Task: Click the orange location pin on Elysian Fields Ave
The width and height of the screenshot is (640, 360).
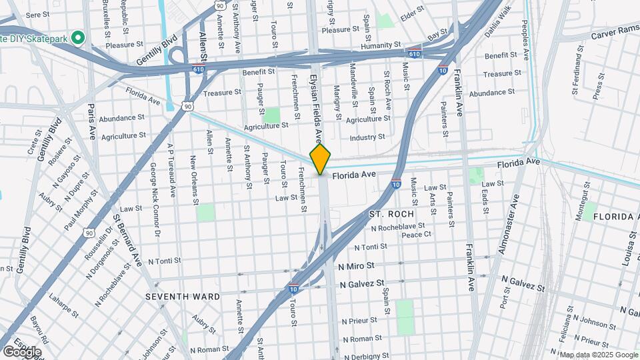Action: pyautogui.click(x=320, y=159)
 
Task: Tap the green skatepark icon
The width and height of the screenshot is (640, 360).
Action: pyautogui.click(x=78, y=37)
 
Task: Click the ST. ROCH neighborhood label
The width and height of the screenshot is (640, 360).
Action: pyautogui.click(x=391, y=214)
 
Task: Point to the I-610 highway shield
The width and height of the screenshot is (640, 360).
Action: pyautogui.click(x=414, y=54)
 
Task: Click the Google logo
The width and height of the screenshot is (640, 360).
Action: pyautogui.click(x=22, y=351)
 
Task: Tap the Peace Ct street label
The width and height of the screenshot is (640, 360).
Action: pyautogui.click(x=417, y=235)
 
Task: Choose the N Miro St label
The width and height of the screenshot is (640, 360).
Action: pyautogui.click(x=357, y=266)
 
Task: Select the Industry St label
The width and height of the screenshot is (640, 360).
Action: pyautogui.click(x=367, y=137)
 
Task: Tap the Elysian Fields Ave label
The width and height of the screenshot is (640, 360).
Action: pyautogui.click(x=315, y=107)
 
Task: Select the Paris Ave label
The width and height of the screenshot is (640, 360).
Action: pyautogui.click(x=91, y=121)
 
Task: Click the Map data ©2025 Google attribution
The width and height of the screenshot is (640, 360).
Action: pyautogui.click(x=598, y=355)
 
